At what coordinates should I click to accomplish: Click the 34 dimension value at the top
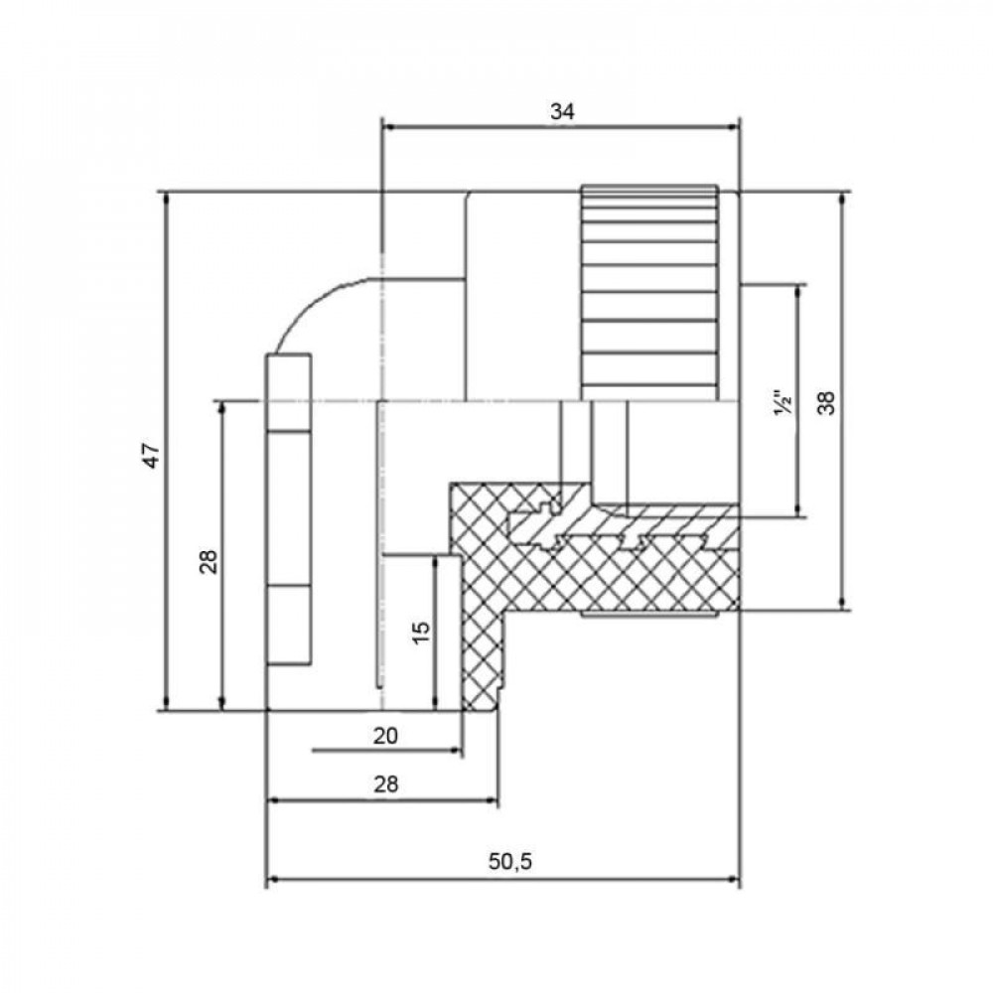pyautogui.click(x=562, y=112)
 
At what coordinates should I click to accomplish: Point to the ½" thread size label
pyautogui.click(x=783, y=405)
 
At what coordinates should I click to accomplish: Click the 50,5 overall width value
pyautogui.click(x=510, y=862)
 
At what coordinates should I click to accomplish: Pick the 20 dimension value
pyautogui.click(x=386, y=736)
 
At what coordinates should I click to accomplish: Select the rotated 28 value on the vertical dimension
pyautogui.click(x=208, y=562)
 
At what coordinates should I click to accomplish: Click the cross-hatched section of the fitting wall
pyautogui.click(x=596, y=576)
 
